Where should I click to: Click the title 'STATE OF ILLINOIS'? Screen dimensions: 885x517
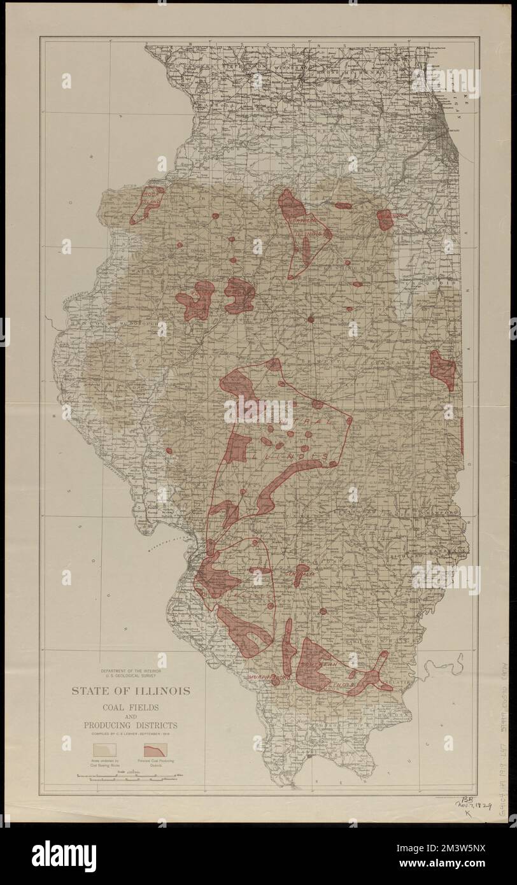pyautogui.click(x=130, y=691)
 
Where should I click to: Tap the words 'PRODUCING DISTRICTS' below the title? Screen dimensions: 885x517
pyautogui.click(x=130, y=725)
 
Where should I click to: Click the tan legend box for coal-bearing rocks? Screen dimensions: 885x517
pyautogui.click(x=103, y=749)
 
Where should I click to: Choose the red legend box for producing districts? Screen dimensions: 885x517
pyautogui.click(x=157, y=749)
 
